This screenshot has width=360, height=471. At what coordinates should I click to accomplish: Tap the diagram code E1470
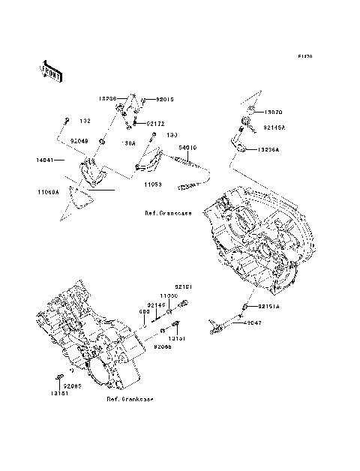click(304, 56)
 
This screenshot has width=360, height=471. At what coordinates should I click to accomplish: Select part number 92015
click(166, 99)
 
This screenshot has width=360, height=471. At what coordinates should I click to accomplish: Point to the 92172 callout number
click(155, 123)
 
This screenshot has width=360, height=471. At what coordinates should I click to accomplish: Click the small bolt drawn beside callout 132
click(67, 121)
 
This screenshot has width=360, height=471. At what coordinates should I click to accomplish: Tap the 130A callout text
click(129, 142)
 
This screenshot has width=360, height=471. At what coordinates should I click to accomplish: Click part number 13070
click(273, 112)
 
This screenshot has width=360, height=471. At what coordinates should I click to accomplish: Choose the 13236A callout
click(268, 150)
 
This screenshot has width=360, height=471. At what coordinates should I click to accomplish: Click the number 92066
click(163, 347)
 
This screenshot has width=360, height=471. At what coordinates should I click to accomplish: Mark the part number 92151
click(184, 286)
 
